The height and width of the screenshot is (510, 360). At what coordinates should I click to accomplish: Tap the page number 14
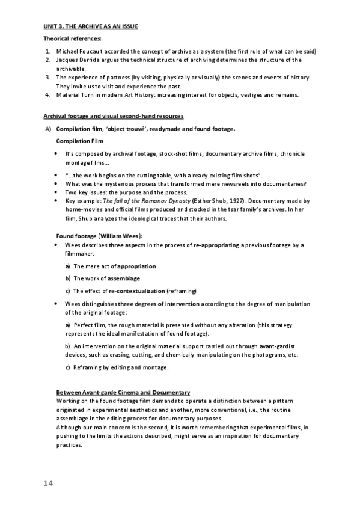[49, 484]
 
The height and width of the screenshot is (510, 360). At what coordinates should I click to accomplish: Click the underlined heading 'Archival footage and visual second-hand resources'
[114, 115]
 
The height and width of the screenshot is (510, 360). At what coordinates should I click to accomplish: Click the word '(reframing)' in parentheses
[182, 292]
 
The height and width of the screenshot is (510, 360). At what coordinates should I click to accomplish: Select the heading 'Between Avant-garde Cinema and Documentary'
[123, 393]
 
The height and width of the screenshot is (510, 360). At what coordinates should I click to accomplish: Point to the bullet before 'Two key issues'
[56, 192]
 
